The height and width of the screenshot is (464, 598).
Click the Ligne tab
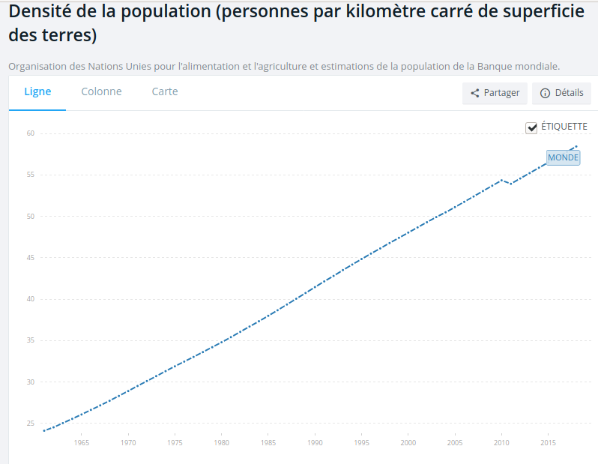[37, 92]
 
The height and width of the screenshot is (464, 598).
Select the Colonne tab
[101, 92]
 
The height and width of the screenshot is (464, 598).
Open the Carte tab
[165, 92]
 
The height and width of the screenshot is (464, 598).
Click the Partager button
[495, 93]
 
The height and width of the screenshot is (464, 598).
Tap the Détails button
[561, 93]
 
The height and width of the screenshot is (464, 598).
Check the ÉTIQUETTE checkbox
[532, 127]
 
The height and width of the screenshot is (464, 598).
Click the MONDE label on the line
[563, 157]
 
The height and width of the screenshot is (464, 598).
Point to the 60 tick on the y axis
[31, 133]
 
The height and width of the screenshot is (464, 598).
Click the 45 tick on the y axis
[31, 258]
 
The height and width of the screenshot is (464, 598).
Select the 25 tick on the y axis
[31, 424]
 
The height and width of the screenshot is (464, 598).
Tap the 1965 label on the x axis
[82, 443]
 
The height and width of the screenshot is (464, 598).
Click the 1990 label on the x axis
[315, 443]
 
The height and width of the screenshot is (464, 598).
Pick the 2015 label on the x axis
[548, 443]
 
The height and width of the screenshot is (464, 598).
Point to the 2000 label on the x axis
[408, 443]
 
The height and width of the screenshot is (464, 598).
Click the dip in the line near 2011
[511, 184]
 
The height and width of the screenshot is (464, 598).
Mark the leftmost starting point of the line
[44, 431]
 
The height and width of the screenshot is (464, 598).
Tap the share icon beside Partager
[475, 94]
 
